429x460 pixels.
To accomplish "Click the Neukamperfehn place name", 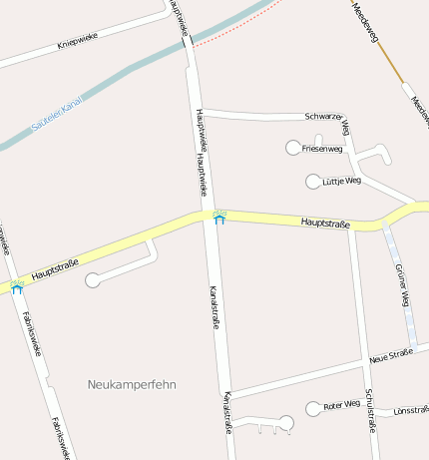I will click(x=131, y=384).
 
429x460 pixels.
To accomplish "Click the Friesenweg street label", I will click(x=322, y=149).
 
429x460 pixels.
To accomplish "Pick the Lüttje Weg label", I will click(x=341, y=182).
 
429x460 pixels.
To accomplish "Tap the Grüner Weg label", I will click(x=403, y=285).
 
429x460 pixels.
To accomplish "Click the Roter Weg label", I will click(x=341, y=405).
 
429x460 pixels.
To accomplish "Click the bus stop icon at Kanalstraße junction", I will click(x=219, y=216).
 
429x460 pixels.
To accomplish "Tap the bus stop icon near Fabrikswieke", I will click(x=17, y=286).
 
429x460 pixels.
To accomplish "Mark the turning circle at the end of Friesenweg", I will click(x=293, y=149).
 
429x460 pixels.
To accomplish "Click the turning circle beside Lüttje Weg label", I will click(x=312, y=181).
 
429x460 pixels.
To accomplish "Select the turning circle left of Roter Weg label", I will click(x=313, y=408).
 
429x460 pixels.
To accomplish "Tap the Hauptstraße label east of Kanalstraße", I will click(x=325, y=224).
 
